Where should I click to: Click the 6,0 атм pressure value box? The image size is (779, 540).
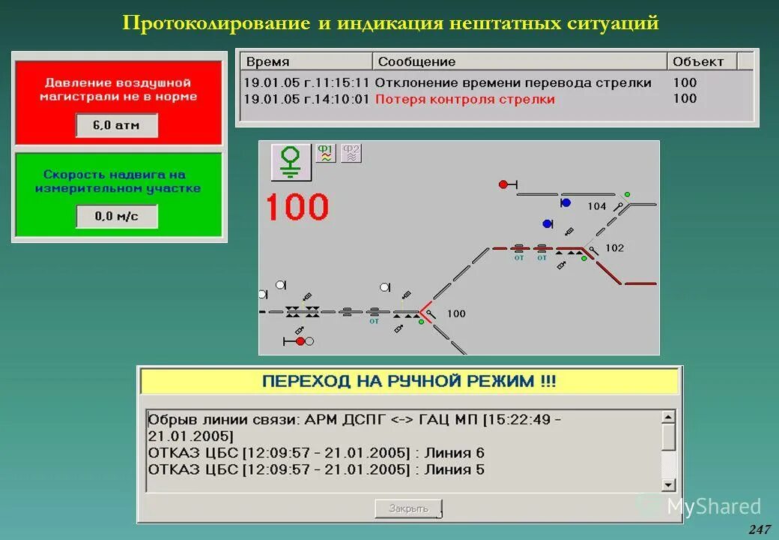point(116,125)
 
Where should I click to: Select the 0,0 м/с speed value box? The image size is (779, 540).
point(116,217)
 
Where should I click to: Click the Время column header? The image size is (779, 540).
point(267,61)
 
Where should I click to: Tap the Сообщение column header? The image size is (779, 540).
point(416,61)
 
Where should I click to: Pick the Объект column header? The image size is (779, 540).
point(698,61)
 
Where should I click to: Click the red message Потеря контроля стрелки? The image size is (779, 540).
point(464,99)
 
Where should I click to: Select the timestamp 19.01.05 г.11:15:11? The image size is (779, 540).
point(306,82)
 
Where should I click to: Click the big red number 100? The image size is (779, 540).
point(297,207)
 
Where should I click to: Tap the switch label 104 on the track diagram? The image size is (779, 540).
point(597,206)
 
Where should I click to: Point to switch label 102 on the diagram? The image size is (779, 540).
point(614,248)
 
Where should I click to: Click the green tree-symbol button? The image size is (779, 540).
point(291,161)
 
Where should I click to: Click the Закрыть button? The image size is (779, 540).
point(408,508)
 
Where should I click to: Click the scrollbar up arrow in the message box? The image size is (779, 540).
point(669,416)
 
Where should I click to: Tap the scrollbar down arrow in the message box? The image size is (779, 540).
point(669,484)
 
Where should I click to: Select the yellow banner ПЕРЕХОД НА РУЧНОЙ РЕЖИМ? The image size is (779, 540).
point(409,381)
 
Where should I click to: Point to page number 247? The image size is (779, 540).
point(759,529)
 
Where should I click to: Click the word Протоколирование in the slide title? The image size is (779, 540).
point(216,23)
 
